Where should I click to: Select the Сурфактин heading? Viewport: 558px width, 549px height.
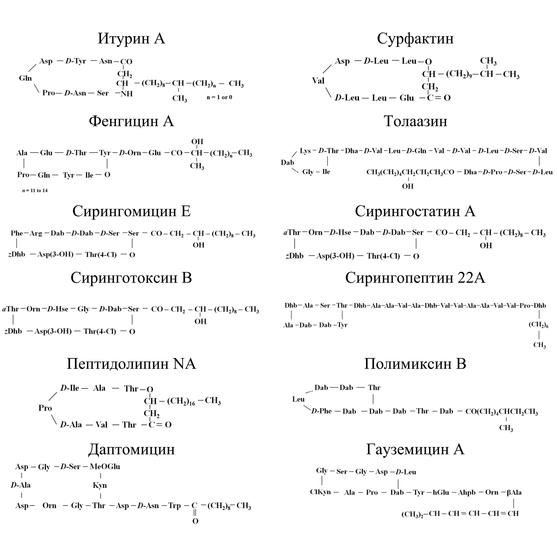coord(415,38)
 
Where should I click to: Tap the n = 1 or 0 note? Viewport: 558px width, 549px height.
coord(219,97)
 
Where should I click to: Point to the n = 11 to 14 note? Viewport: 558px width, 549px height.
coord(35,191)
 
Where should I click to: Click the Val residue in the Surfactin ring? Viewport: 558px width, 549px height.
coord(318,81)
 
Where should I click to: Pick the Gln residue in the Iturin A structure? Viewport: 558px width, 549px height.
coord(25,78)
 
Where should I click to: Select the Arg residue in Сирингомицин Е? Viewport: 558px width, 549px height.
coord(36,233)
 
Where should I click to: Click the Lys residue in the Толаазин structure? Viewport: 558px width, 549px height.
coord(305,151)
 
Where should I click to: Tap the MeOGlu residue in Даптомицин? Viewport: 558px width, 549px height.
coord(105,466)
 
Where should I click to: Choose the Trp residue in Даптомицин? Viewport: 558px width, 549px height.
coord(174,506)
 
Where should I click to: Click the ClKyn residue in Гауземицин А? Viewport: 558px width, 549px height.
coord(320,492)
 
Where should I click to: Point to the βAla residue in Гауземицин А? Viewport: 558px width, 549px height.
coord(514,492)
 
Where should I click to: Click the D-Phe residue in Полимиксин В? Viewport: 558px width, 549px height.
coord(321,411)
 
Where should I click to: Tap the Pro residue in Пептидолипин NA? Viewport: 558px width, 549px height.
coord(45,408)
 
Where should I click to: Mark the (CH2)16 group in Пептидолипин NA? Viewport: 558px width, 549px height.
coord(181,401)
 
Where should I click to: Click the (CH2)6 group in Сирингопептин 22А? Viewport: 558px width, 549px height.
coord(538,325)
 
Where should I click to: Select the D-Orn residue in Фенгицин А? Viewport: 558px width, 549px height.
coord(130,153)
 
